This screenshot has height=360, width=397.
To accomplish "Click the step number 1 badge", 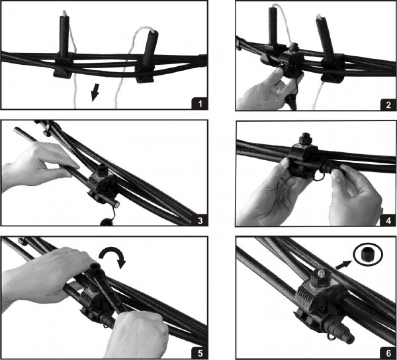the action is (200, 103).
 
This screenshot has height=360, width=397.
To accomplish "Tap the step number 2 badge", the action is (388, 105).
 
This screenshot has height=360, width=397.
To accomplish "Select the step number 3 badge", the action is (200, 220).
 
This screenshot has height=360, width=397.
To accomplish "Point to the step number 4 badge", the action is (388, 220).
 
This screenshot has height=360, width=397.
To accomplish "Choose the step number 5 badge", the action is (200, 353).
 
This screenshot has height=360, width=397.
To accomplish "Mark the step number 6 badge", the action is (388, 353).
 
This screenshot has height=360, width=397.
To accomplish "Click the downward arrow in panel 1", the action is (95, 93).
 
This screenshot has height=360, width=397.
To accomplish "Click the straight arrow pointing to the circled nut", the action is (343, 265).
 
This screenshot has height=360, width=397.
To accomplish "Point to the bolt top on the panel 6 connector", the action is (321, 274).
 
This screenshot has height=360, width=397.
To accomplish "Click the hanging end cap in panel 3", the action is (106, 222).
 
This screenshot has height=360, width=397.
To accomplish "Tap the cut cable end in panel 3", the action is (116, 204).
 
